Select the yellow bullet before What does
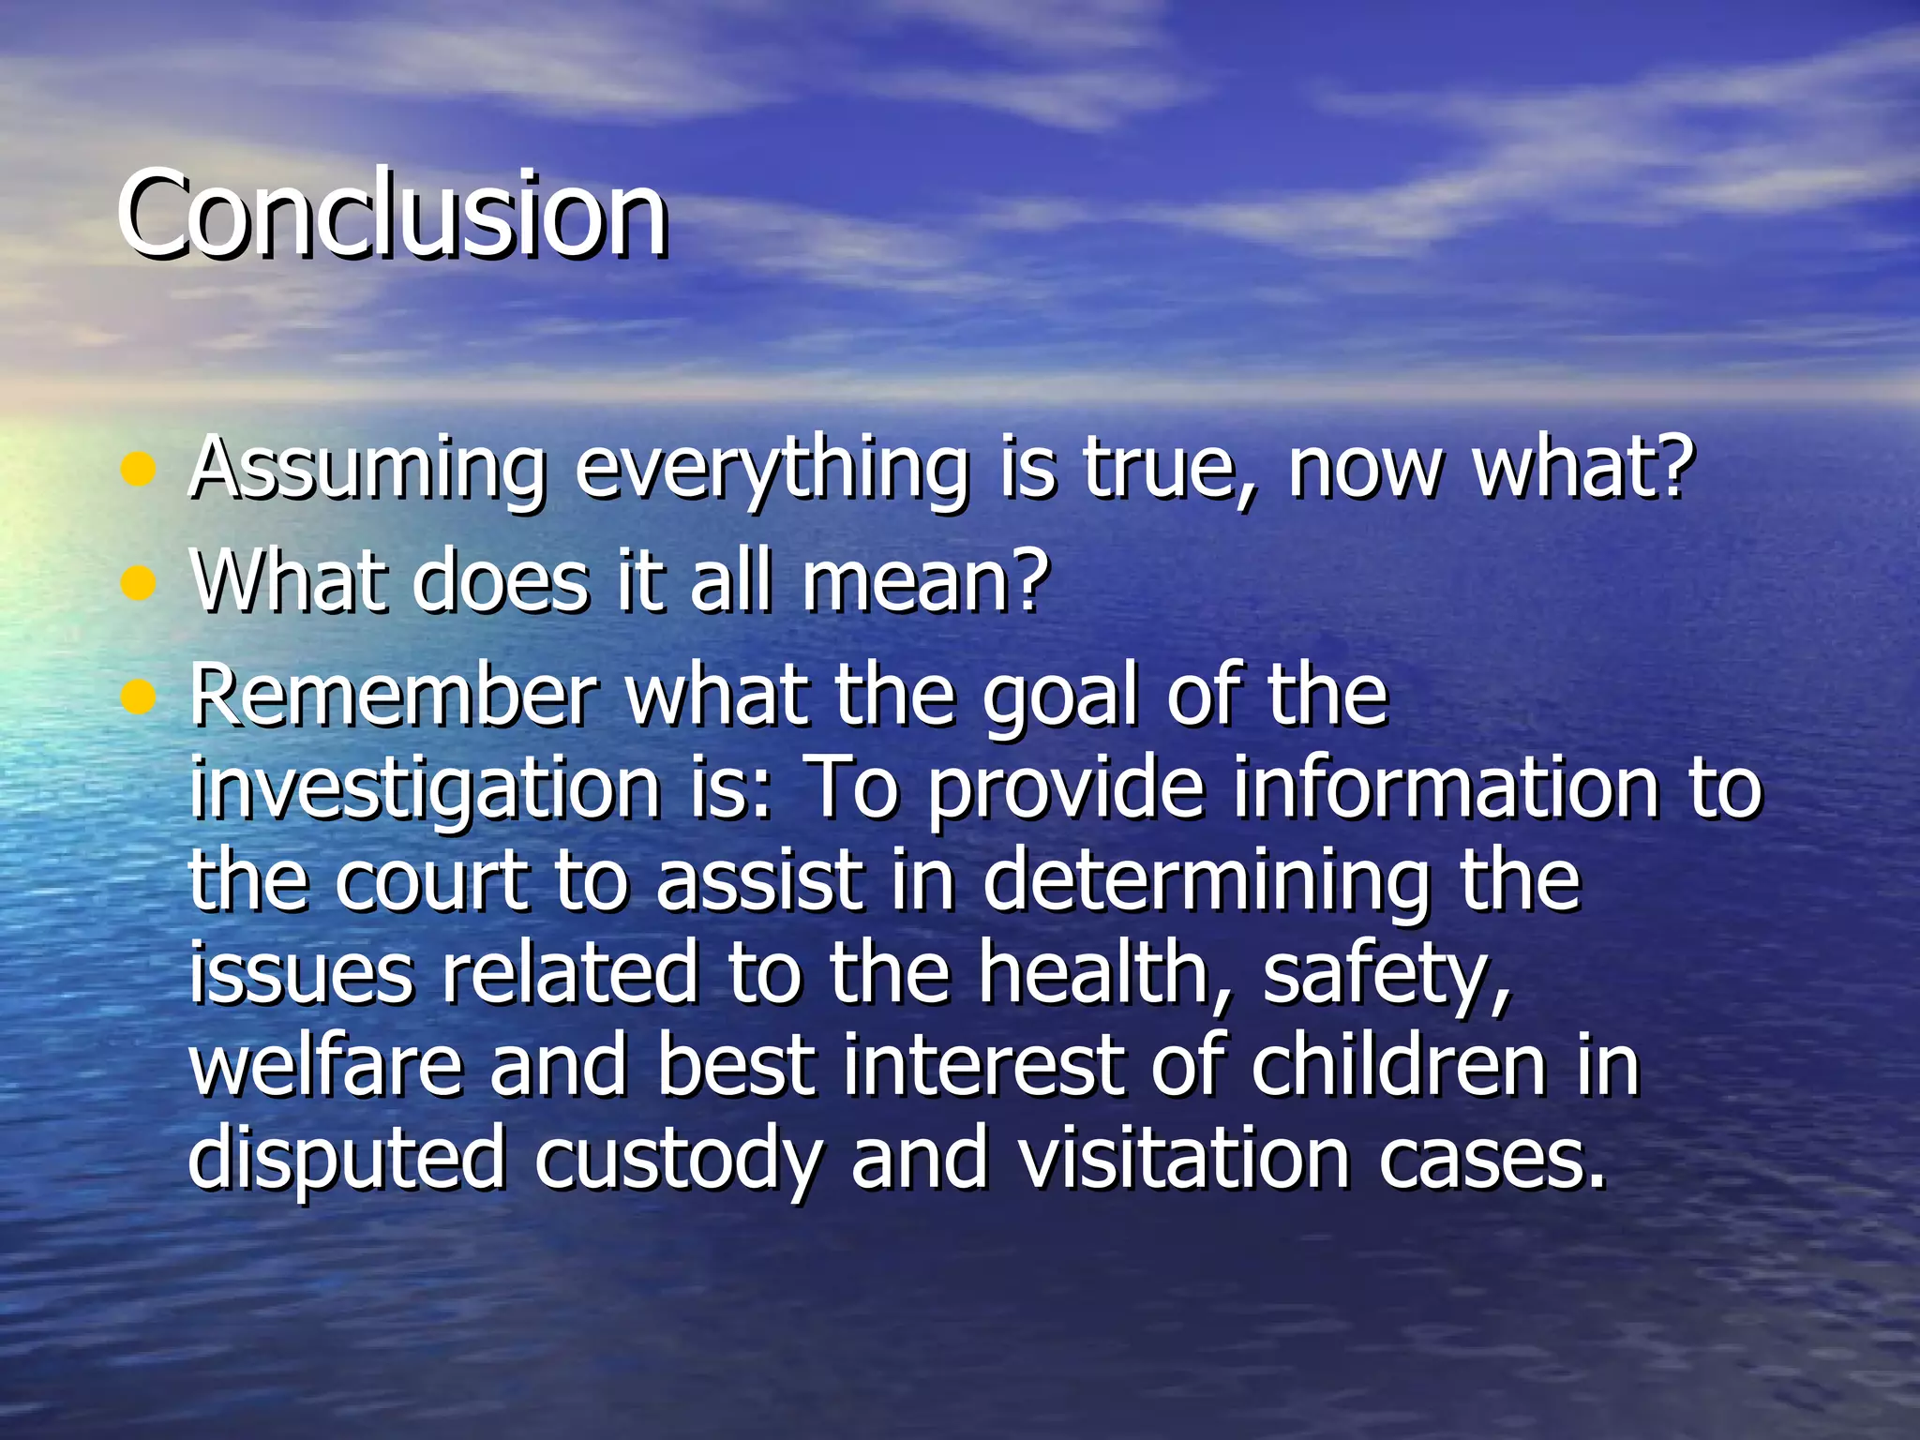point(138,583)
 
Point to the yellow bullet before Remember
point(138,697)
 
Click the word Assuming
point(367,469)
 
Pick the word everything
point(771,469)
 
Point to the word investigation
point(425,790)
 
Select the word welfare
point(326,1066)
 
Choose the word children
point(1398,1066)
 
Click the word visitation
point(1184,1159)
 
